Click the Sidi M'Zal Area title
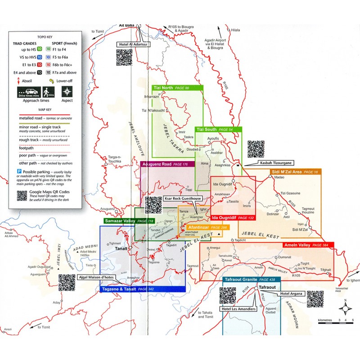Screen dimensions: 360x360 pyautogui.click(x=295, y=172)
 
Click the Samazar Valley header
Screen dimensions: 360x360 pyautogui.click(x=128, y=221)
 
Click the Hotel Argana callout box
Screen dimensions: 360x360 pyautogui.click(x=292, y=293)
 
